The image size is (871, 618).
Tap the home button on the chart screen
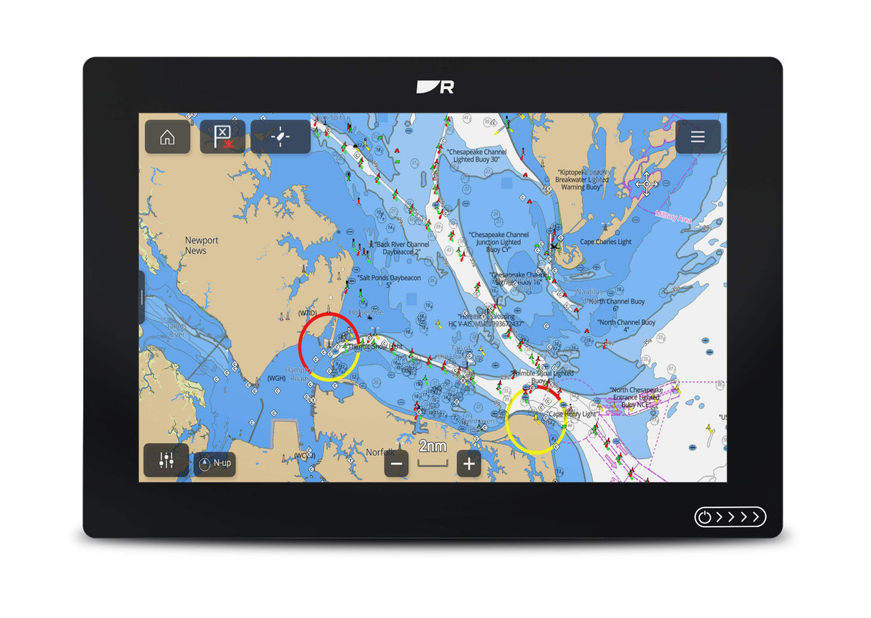coord(167,137)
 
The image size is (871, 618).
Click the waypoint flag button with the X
coord(222,136)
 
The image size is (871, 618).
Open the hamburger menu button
coord(697,137)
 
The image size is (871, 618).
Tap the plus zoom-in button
coord(469,464)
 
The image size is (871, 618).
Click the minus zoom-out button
coord(397,464)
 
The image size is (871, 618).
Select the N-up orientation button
coord(215,464)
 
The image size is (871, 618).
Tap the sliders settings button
coord(166,461)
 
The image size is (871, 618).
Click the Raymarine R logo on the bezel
coord(435,87)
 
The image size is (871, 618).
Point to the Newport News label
coord(201,245)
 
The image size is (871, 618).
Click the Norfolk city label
coord(380,452)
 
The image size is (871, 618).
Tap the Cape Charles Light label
coord(606,242)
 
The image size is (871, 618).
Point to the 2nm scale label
coord(433,446)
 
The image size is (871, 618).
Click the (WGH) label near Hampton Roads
coord(276,378)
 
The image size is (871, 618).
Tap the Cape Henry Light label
coord(573,414)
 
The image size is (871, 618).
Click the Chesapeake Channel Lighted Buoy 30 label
coord(476,156)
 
